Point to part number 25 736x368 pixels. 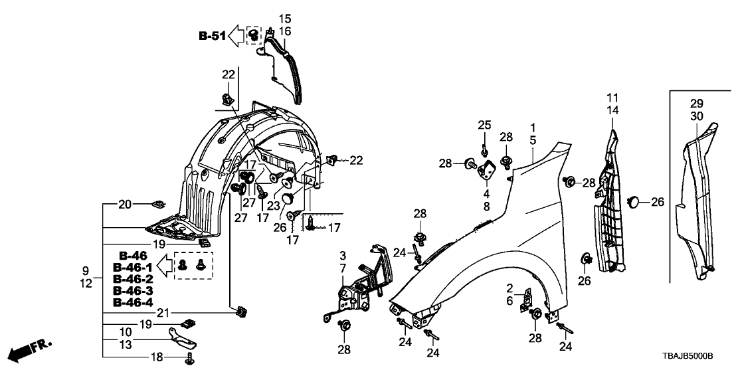tap(484, 126)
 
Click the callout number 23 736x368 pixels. tap(274, 206)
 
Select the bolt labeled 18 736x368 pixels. tap(189, 359)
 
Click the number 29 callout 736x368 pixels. tap(696, 104)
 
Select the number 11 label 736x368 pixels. tap(612, 98)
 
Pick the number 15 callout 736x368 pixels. tap(284, 18)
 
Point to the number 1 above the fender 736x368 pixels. tap(532, 126)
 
